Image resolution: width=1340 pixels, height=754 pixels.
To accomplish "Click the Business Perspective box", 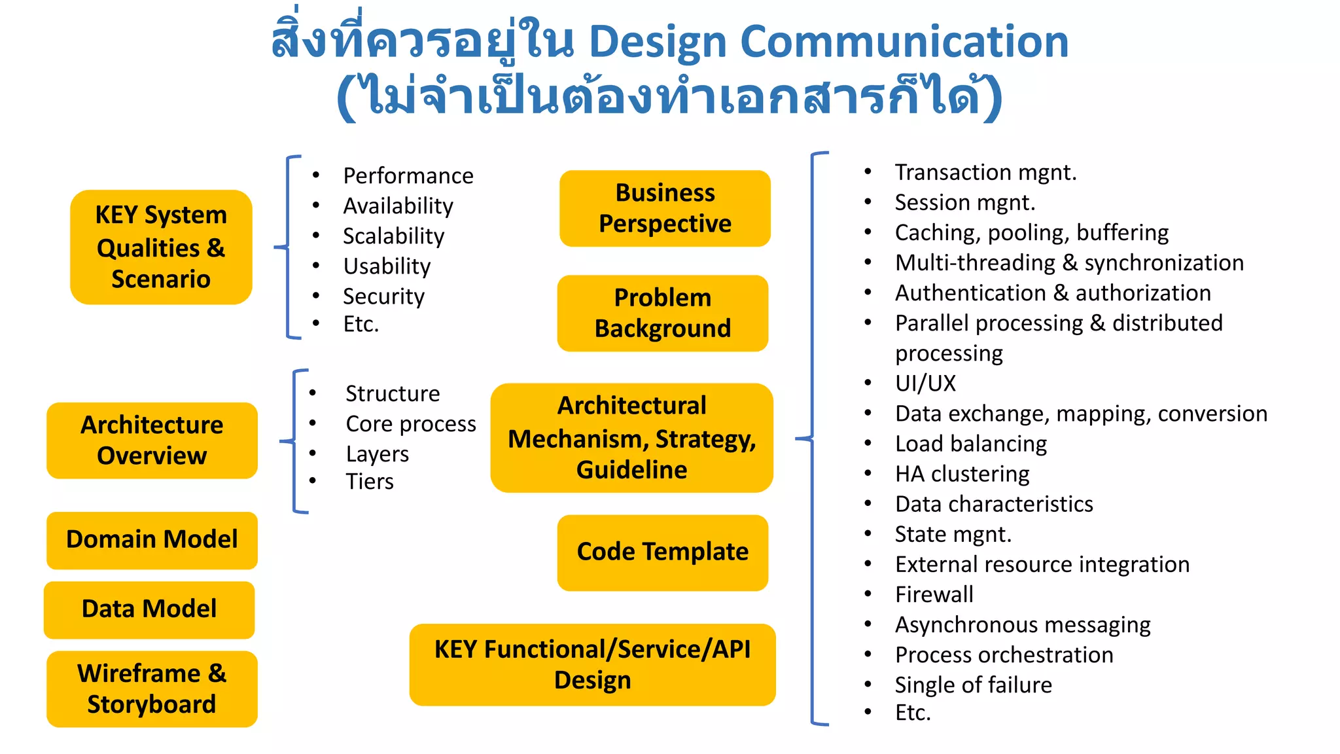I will (665, 208).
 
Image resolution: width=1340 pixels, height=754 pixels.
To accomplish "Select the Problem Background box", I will (662, 313).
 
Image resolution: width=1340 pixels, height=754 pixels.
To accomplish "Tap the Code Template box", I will (662, 552).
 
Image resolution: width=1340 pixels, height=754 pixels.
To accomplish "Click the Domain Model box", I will (152, 540).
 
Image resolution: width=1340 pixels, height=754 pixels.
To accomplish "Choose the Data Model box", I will (149, 609).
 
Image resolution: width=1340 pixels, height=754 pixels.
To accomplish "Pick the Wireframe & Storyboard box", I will (152, 689).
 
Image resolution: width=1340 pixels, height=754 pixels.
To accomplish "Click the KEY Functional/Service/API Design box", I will (592, 664).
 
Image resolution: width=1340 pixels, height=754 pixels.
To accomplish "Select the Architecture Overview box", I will (152, 440).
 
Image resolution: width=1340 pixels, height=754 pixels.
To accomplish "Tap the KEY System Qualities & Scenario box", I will (161, 247).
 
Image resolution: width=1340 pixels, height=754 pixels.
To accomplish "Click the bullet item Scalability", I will (393, 236).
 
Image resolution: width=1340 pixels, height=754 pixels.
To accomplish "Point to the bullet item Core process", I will (410, 424).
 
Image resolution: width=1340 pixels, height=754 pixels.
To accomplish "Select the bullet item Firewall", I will (934, 594).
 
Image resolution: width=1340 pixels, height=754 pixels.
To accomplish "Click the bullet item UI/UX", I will (925, 384).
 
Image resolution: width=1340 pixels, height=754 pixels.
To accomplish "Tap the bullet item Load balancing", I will (970, 444).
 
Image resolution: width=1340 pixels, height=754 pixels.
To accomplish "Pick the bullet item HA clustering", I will (962, 474).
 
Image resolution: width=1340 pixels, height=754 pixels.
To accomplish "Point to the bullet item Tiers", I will (370, 482).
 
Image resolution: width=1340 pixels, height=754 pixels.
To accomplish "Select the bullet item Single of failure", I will (973, 685).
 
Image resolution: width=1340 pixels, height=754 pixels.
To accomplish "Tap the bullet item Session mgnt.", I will (964, 203).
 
